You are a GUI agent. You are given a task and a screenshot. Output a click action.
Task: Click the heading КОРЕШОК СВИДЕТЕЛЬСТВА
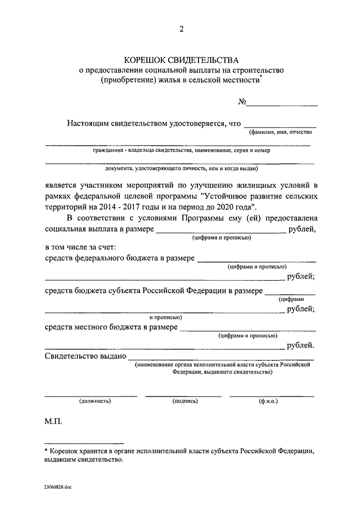tap(181, 60)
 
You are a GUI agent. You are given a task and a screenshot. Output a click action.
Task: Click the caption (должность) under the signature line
tap(95, 401)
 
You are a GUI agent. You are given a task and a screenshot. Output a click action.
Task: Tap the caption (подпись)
tap(184, 401)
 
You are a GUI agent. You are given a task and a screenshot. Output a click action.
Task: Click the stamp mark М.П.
tap(55, 421)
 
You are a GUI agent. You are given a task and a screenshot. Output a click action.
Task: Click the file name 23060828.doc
tap(56, 488)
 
